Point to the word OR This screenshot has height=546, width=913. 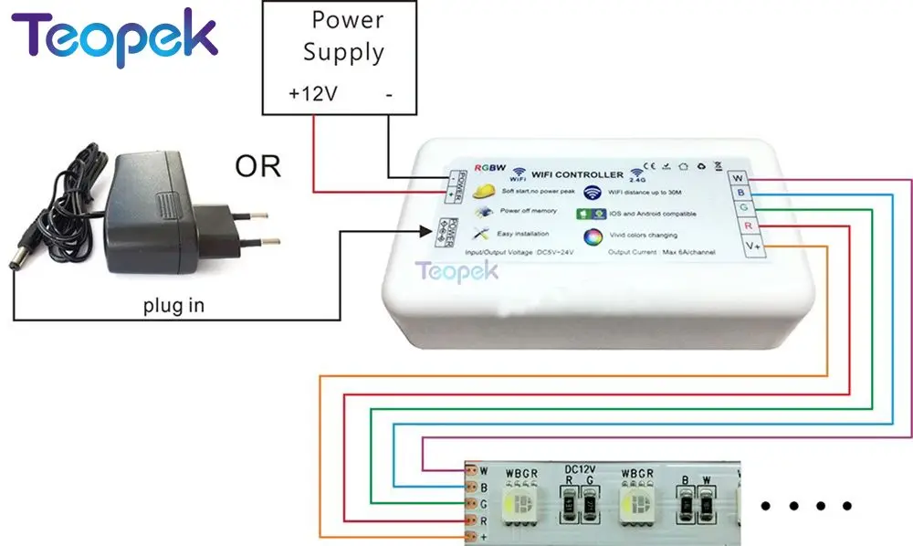click(x=257, y=167)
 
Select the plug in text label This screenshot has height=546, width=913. click(x=173, y=306)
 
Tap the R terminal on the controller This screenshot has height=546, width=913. click(x=747, y=226)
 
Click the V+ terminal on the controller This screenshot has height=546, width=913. click(x=750, y=244)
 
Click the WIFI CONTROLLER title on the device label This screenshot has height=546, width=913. click(x=578, y=173)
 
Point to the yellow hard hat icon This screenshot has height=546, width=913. click(x=487, y=191)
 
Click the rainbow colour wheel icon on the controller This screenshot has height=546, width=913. click(x=593, y=236)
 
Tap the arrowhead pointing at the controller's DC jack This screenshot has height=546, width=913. click(x=431, y=232)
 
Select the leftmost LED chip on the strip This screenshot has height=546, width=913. click(x=527, y=505)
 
